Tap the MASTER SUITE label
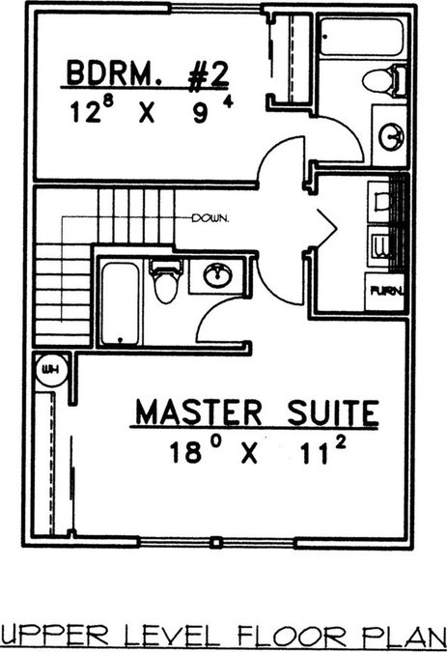click(258, 412)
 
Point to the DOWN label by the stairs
click(210, 218)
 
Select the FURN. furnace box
click(385, 292)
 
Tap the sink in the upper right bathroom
click(391, 136)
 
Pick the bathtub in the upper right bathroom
click(361, 37)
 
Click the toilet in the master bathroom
click(166, 281)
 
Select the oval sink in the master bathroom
click(217, 275)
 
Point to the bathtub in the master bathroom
click(120, 303)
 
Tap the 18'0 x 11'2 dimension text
click(258, 451)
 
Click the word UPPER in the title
click(54, 637)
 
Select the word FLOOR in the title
click(292, 637)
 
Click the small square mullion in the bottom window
click(214, 543)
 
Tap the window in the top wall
click(216, 9)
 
